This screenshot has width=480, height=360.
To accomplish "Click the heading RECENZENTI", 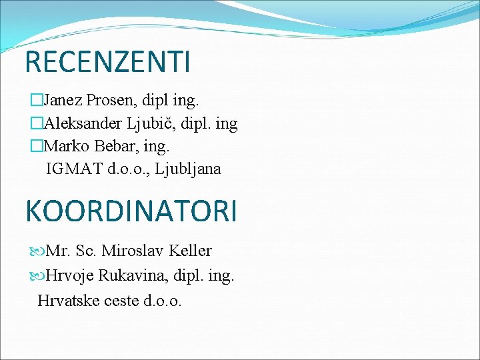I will (x=107, y=62).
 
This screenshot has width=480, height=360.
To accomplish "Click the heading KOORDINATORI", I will (x=131, y=210).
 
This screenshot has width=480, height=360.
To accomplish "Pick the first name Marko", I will (x=66, y=146).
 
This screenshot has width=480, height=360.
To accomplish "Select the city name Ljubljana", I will (x=188, y=169).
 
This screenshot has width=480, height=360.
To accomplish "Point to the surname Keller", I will (x=190, y=251).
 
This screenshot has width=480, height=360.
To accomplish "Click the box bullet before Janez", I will (x=36, y=101).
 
